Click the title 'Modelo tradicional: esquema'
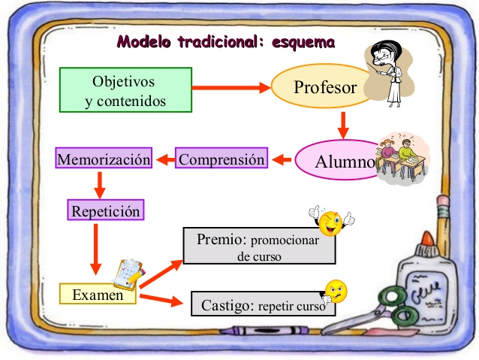click(225, 42)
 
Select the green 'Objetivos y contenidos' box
click(126, 90)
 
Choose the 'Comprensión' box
click(221, 159)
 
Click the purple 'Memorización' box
click(104, 159)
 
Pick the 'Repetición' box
click(106, 210)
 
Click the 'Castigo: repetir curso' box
click(262, 305)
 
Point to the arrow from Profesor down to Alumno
click(343, 125)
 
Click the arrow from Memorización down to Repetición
click(100, 183)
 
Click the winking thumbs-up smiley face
click(330, 220)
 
